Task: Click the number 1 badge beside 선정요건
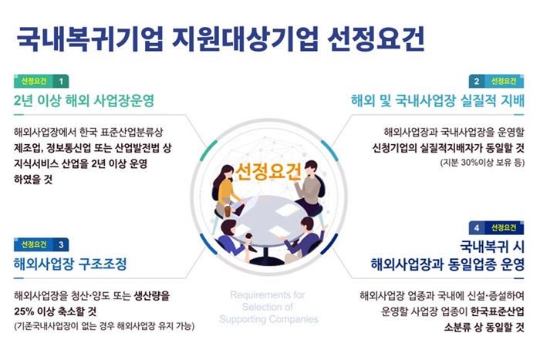pos(61,82)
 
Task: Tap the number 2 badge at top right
pos(477,82)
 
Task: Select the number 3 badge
pos(61,244)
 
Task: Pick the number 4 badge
pos(477,228)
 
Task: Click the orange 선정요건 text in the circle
pos(268,171)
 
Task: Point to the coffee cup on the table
pos(228,210)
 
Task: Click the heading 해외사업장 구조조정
pos(70,264)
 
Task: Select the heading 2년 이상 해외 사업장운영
pos(83,100)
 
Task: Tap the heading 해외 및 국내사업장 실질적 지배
pos(437,100)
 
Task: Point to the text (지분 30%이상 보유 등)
pos(482,162)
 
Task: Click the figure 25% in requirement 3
pos(24,311)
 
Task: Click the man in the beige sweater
pos(309,187)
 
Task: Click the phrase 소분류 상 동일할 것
pos(484,328)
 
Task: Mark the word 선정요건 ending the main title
pos(376,39)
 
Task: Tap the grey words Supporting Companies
pos(268,319)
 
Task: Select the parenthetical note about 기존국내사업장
pos(104,326)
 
